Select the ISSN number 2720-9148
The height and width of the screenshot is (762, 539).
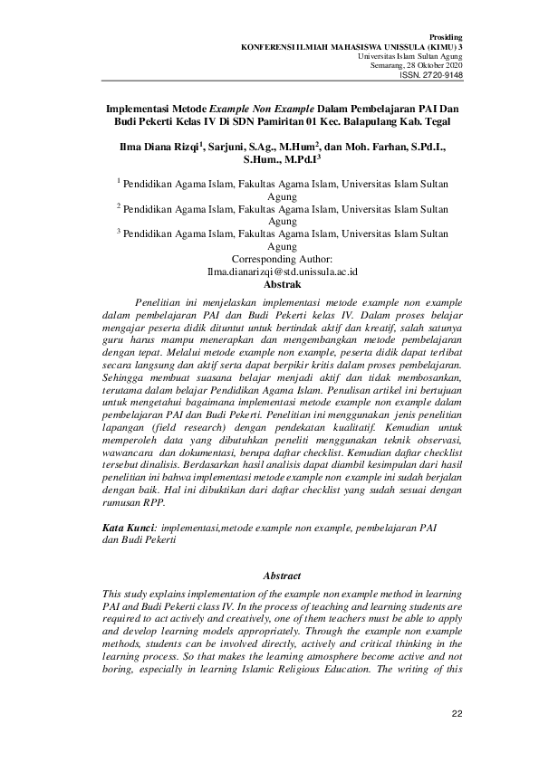[441, 75]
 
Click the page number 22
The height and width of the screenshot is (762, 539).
[457, 715]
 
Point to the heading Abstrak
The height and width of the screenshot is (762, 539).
[269, 283]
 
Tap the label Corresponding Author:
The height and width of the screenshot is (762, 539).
[269, 259]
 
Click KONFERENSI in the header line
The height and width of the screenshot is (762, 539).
[265, 44]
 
